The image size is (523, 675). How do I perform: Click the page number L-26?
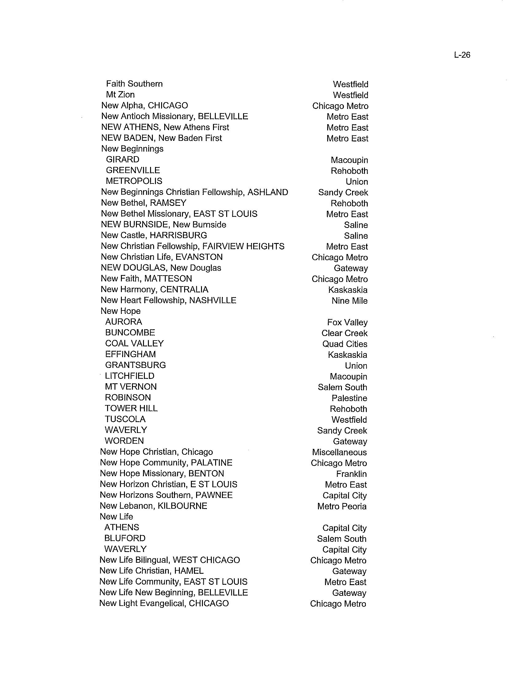coord(462,55)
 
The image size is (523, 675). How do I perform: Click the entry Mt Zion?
coord(120,94)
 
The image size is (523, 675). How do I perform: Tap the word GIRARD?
coord(122,160)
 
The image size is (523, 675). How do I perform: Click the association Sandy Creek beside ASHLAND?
coord(343,193)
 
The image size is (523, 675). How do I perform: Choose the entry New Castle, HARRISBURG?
coord(154,235)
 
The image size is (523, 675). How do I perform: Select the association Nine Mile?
coord(349,301)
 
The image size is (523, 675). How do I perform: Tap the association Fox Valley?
coord(347,322)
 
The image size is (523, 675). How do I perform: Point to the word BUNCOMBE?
coord(130,333)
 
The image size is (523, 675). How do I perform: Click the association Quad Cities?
coord(345,344)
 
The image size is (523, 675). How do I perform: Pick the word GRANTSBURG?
coord(135,365)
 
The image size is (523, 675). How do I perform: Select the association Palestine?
coord(349,398)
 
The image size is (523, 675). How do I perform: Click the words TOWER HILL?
coord(131,408)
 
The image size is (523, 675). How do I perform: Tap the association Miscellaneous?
coord(339,452)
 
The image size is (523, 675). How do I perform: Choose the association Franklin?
coord(351,474)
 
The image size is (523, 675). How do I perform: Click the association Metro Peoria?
coord(342,506)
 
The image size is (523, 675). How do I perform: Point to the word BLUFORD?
coord(125,538)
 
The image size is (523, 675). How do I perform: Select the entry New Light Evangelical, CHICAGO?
coord(164,603)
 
